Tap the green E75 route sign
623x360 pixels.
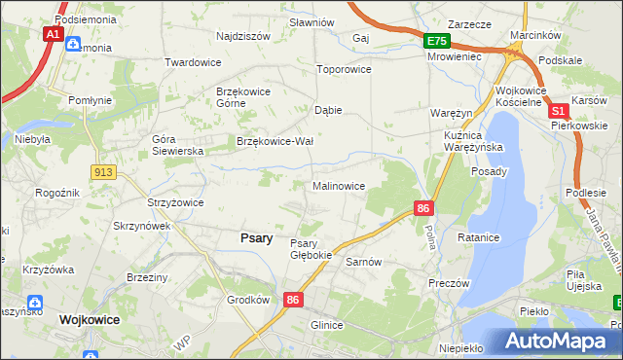click(x=436, y=41)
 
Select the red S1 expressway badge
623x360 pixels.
click(x=559, y=114)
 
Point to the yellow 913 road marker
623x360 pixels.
click(x=103, y=171)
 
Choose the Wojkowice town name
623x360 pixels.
click(x=90, y=318)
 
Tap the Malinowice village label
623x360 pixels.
click(x=338, y=185)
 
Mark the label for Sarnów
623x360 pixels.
click(x=362, y=262)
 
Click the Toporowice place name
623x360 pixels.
click(x=345, y=70)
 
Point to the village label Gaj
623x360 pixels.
click(x=361, y=38)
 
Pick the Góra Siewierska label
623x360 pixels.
click(x=176, y=145)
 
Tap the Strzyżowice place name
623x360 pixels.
click(x=174, y=202)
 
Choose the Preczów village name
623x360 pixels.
click(x=449, y=283)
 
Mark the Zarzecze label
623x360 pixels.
click(x=467, y=24)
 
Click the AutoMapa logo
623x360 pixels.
click(x=556, y=342)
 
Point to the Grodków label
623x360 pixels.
click(x=247, y=300)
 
